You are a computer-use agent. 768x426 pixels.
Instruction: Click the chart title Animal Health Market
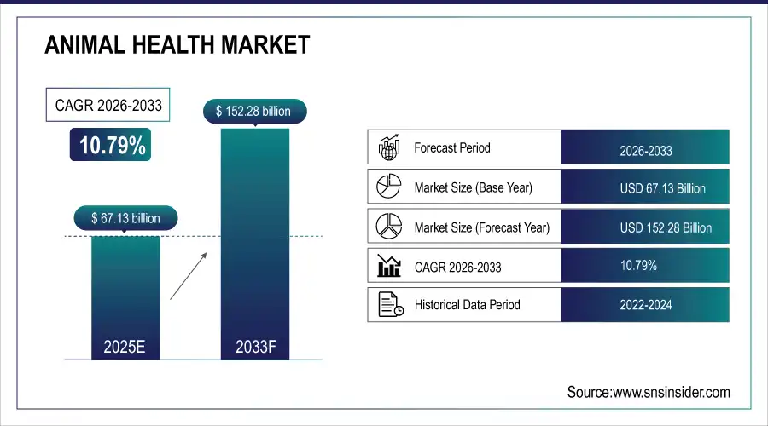tap(177, 46)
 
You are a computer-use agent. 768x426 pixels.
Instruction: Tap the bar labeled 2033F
tap(254, 247)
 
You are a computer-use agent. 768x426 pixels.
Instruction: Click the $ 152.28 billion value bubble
tap(254, 111)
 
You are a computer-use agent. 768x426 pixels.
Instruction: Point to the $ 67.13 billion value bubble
tap(125, 218)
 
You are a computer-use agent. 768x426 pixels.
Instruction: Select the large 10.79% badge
tap(113, 146)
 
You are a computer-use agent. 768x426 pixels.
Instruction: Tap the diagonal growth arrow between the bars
tap(189, 274)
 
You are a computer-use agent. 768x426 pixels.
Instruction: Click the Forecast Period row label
tap(451, 147)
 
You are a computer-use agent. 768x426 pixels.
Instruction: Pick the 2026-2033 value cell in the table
tap(645, 151)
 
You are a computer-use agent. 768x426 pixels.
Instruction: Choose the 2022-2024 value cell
tap(645, 304)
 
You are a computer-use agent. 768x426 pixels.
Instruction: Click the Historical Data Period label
tap(467, 304)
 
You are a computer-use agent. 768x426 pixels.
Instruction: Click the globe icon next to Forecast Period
tap(389, 148)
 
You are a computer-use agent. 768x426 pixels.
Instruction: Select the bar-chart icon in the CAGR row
tap(389, 266)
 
